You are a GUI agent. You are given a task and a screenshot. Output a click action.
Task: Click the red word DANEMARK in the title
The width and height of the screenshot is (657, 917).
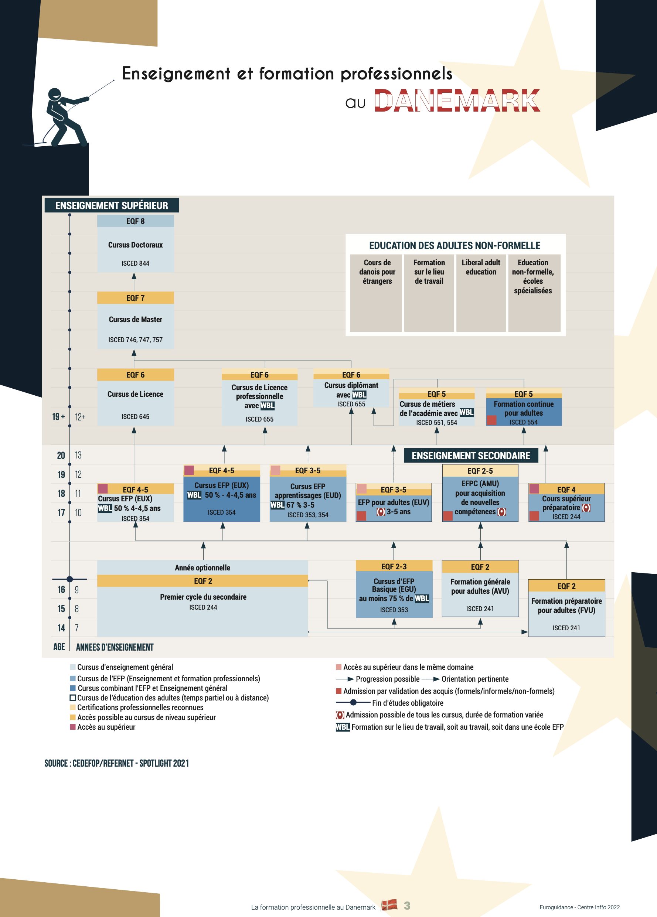457,100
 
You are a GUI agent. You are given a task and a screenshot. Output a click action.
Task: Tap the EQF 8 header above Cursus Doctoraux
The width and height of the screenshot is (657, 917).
136,221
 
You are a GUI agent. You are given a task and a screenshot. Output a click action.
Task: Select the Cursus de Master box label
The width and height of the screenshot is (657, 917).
136,320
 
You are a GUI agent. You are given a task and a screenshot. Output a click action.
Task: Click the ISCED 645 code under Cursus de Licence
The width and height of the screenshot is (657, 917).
136,416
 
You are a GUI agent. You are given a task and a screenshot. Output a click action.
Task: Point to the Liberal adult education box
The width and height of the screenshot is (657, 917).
481,293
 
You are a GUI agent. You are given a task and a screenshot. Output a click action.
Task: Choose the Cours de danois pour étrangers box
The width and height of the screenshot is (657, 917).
376,293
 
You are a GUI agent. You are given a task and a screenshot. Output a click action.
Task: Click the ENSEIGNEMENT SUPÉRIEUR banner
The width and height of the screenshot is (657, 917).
112,205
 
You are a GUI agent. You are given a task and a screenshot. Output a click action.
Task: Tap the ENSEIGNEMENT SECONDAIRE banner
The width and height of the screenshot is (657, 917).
471,456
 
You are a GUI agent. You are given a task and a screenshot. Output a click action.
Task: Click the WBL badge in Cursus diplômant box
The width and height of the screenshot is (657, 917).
360,395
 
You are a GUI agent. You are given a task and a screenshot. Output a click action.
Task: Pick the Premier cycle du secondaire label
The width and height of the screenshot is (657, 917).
203,597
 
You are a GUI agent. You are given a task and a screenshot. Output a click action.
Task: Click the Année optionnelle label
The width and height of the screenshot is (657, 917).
202,567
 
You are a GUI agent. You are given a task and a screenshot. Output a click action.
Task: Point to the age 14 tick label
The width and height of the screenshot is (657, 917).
61,628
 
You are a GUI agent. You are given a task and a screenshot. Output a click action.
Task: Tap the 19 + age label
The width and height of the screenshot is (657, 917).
59,416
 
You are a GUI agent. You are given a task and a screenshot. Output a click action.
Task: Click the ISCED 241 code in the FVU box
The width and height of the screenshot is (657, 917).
566,628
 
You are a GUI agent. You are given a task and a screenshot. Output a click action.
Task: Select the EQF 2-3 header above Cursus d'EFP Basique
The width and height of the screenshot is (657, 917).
394,566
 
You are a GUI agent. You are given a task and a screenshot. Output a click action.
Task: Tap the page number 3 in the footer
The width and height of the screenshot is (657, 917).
407,906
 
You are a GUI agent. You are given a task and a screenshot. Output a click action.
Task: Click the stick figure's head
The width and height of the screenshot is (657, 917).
55,94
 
